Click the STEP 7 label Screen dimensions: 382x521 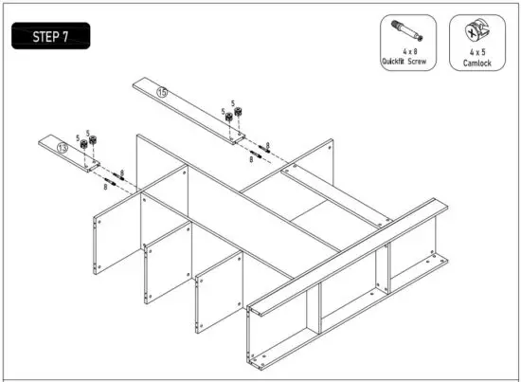point(51,37)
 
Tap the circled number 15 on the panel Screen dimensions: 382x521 point(162,92)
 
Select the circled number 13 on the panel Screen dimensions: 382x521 point(63,148)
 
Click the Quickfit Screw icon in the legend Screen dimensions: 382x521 point(407,30)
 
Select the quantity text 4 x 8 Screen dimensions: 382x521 point(407,53)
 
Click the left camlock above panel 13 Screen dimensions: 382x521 point(83,144)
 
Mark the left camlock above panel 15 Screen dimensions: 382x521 point(230,116)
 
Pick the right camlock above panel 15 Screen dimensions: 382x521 point(241,110)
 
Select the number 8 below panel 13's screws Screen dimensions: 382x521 point(104,188)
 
